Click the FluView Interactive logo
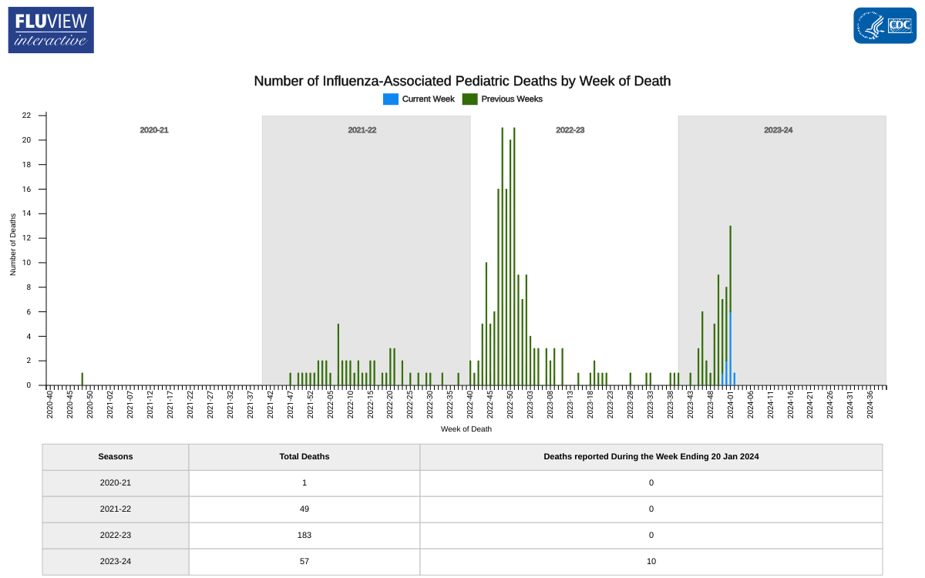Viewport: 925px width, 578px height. tap(51, 30)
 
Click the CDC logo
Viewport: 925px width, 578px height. tap(884, 25)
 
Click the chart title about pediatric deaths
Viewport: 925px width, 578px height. tap(462, 81)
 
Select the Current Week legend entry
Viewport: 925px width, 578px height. tap(419, 99)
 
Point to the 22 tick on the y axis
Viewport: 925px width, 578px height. tap(26, 116)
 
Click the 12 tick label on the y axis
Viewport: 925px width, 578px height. tap(26, 238)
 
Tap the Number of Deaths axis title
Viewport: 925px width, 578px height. tap(13, 244)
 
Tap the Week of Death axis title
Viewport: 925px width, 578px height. tap(466, 429)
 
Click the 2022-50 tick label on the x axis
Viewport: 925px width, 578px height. tap(510, 405)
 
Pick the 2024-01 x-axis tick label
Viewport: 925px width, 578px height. tap(730, 405)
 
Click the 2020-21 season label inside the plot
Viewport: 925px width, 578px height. tap(154, 130)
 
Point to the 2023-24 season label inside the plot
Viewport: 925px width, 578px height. tap(778, 130)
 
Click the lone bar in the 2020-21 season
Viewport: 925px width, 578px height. tap(82, 379)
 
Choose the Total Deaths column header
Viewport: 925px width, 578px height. tap(304, 457)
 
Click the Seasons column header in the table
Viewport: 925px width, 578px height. tap(116, 457)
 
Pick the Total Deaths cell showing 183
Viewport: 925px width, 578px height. tap(304, 535)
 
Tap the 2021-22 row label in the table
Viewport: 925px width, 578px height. tap(116, 509)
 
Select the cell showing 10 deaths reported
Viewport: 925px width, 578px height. tap(651, 561)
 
